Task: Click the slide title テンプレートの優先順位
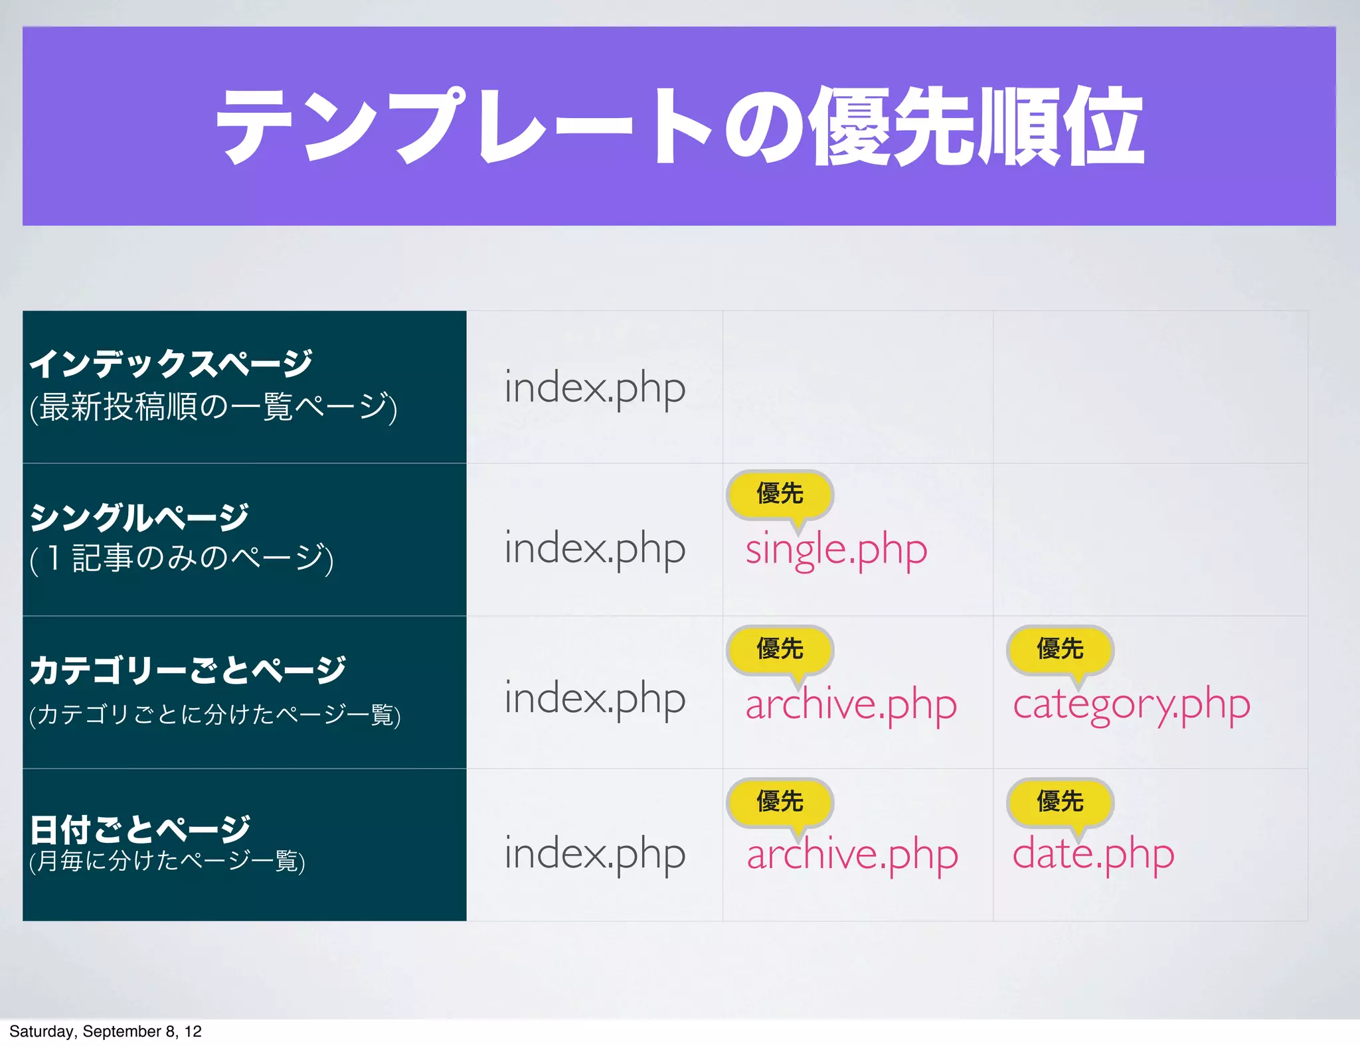point(679,126)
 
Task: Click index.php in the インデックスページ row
point(594,388)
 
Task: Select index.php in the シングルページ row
point(594,549)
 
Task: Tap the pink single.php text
point(835,550)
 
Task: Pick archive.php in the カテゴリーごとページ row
point(851,704)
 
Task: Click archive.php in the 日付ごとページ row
point(852,854)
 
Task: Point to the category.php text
point(1131,705)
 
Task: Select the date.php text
point(1093,854)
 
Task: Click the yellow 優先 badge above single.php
point(780,494)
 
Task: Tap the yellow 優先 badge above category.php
point(1060,649)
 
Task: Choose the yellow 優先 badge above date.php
point(1060,802)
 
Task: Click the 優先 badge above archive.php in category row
point(780,649)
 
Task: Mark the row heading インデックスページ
point(171,363)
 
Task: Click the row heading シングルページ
point(139,518)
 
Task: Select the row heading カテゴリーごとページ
point(187,670)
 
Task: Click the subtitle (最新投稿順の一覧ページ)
point(213,408)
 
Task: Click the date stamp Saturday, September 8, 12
point(105,1031)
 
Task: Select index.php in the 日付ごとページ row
point(594,854)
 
